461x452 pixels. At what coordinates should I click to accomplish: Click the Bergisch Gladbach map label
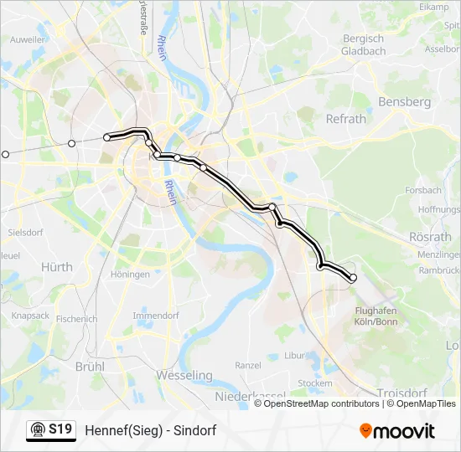(362, 44)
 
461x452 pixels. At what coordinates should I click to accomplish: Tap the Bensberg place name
(405, 102)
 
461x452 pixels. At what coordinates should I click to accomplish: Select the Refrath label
(346, 119)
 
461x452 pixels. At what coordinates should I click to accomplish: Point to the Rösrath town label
(431, 237)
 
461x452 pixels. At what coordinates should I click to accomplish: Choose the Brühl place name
(90, 366)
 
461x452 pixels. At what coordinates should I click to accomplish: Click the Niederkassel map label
(251, 394)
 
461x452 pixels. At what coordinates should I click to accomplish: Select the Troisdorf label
(403, 393)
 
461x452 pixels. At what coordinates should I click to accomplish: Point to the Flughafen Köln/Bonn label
(364, 316)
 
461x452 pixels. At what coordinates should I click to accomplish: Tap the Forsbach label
(423, 191)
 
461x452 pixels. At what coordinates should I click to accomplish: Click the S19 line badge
(60, 430)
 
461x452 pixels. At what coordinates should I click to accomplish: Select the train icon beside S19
(38, 430)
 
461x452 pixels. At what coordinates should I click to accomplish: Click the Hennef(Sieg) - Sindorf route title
(151, 430)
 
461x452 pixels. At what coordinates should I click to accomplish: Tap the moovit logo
(397, 431)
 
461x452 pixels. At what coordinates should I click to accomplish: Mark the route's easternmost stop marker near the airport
(353, 277)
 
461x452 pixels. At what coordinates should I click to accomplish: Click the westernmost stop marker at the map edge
(5, 154)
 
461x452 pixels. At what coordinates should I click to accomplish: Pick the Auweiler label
(28, 39)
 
